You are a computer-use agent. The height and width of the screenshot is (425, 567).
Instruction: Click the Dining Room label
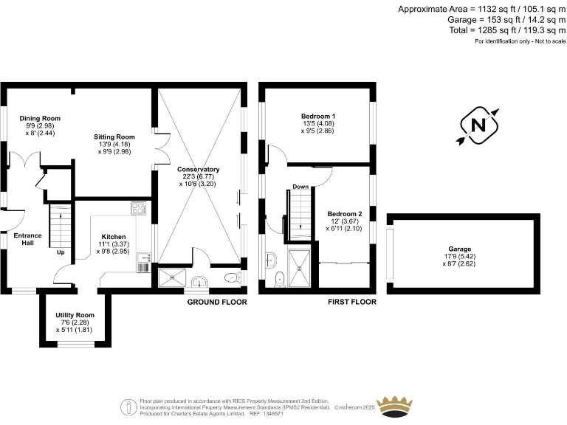pos(40,118)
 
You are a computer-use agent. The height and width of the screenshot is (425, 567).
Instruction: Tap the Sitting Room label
pos(114,137)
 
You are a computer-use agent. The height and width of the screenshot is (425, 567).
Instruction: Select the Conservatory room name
pos(199,169)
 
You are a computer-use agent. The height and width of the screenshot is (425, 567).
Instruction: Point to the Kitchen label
pos(113,237)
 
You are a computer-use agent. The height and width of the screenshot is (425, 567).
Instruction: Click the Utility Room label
pos(75,315)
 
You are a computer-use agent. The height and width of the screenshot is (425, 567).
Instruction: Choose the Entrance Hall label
pos(27,239)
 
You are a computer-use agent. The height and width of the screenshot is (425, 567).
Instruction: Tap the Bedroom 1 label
pos(318,117)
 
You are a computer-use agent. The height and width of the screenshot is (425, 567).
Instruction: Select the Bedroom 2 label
pos(345,213)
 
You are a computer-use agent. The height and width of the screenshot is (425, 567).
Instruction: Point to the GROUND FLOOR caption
pos(216,302)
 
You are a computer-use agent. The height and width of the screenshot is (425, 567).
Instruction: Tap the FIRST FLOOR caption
pos(352,302)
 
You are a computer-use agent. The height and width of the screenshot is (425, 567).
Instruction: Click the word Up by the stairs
pos(61,252)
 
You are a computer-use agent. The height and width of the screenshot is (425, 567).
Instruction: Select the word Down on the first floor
pos(300,187)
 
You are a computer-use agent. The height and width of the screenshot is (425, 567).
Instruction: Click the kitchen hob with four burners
pos(140,209)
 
